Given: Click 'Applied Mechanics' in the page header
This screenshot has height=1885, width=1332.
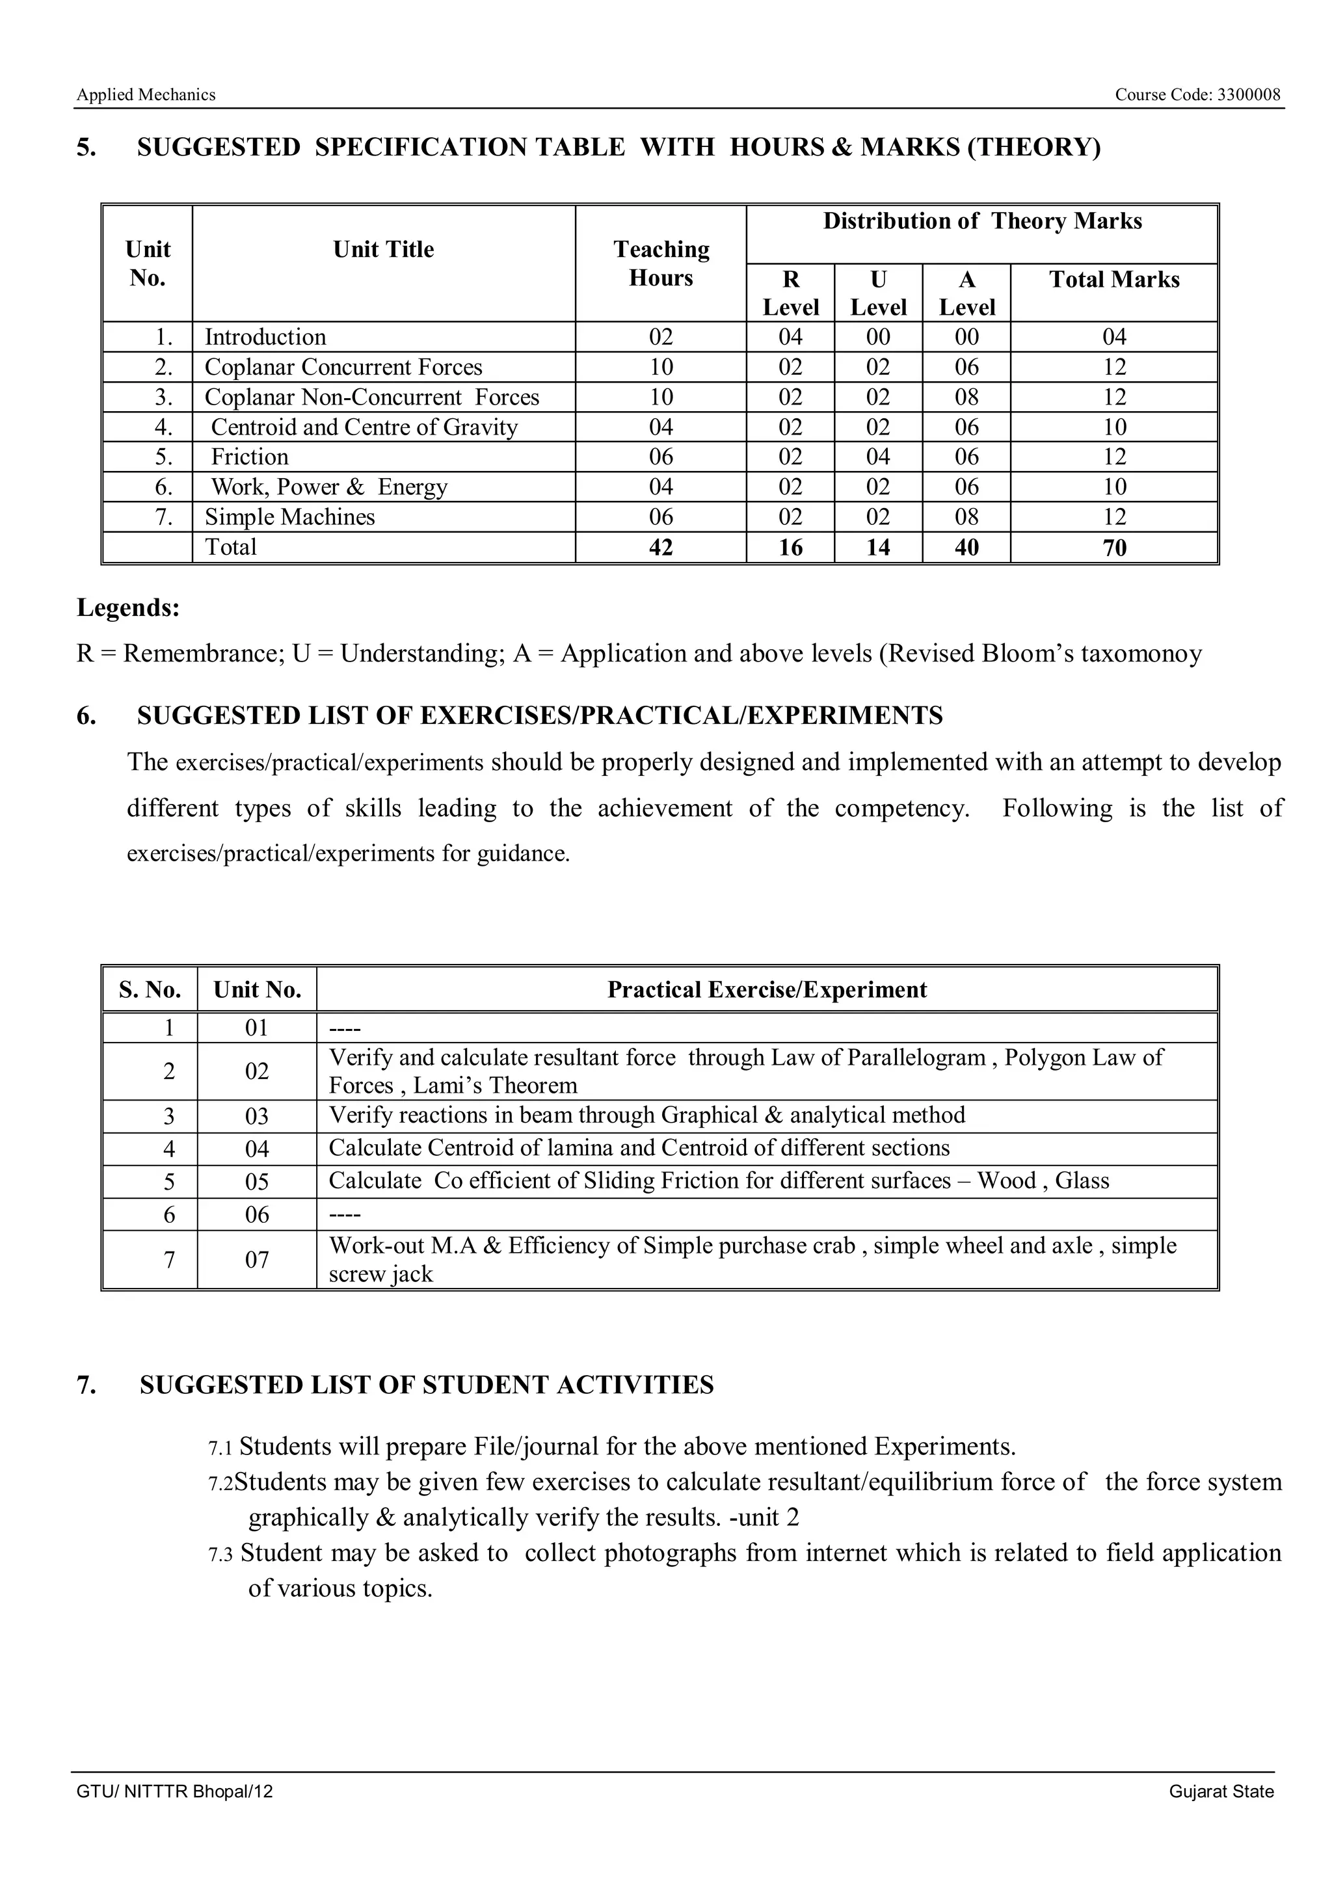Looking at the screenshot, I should click(146, 95).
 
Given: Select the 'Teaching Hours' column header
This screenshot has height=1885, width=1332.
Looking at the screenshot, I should click(661, 263).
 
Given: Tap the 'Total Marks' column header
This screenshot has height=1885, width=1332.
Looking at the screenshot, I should click(1113, 280).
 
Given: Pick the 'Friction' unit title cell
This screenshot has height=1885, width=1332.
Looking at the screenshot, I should click(250, 457).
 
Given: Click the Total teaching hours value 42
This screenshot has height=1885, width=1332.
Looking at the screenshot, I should click(661, 548).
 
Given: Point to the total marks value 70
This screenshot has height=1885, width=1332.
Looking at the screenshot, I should click(1113, 548).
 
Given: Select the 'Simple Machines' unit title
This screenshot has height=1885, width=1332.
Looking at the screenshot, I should click(289, 517).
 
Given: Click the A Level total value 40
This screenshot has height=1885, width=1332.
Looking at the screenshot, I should click(966, 548).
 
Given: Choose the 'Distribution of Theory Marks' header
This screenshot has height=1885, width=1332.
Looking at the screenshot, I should click(981, 222).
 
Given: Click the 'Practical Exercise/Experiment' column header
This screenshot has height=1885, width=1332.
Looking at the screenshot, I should click(767, 990).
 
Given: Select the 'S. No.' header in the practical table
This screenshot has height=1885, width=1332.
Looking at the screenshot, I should click(150, 990).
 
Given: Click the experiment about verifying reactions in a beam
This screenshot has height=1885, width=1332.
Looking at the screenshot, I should click(646, 1116).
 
